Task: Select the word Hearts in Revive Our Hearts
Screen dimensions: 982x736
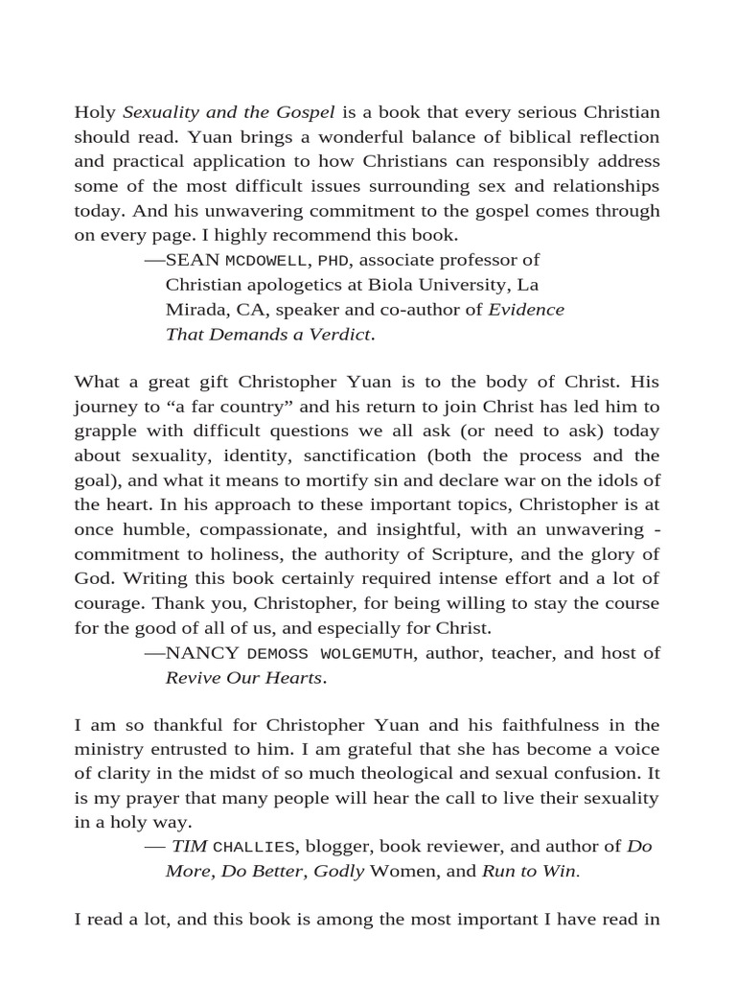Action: click(x=293, y=678)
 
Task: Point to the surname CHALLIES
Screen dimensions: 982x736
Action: click(x=255, y=847)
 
